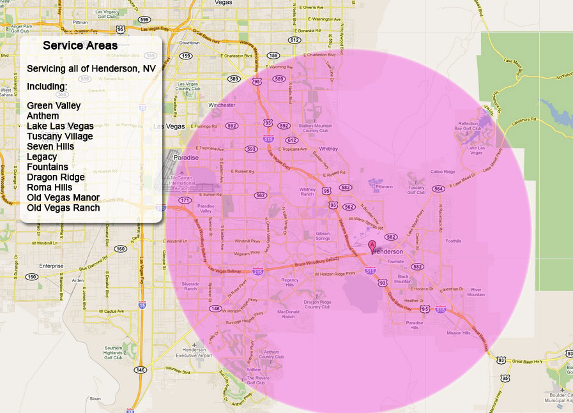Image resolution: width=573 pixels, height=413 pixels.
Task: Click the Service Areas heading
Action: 80,46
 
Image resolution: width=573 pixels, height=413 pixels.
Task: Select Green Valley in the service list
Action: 54,106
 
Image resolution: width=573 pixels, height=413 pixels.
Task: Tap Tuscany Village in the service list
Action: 59,137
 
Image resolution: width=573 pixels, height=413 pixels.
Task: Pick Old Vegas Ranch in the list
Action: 63,208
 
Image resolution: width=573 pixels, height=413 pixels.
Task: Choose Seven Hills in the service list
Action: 50,147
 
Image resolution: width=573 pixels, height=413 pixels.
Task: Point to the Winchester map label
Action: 222,105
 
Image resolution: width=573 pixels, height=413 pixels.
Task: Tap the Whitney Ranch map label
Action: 307,191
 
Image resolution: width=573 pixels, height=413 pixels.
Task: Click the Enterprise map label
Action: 51,266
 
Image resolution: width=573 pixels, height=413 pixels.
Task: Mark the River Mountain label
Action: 476,292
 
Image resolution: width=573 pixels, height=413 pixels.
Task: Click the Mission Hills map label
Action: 458,333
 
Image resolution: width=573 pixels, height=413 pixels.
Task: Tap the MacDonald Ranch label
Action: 288,313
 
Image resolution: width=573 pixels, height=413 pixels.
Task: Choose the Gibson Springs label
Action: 322,237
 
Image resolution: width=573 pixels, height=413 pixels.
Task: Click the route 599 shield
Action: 145,20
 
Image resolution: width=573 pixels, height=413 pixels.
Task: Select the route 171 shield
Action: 185,200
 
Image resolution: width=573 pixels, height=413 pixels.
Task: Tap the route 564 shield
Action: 438,189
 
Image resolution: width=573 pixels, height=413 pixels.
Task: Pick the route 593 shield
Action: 251,149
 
